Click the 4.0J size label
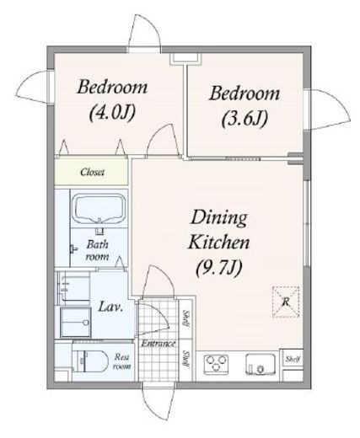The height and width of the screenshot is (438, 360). (112, 112)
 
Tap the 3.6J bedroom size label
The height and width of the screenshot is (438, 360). (244, 119)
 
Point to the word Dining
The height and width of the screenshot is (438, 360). (219, 218)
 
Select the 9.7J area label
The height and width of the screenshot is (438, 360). (219, 268)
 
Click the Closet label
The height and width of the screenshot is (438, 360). (92, 172)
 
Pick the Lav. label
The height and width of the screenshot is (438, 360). (110, 307)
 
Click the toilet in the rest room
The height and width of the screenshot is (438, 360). (90, 361)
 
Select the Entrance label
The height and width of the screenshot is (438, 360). (159, 344)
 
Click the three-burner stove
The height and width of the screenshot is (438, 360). (216, 364)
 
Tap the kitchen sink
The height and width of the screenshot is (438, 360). (261, 364)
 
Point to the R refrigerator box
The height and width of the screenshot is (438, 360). (286, 302)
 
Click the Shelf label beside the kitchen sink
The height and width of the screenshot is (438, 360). (293, 359)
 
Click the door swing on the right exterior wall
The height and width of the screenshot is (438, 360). (330, 110)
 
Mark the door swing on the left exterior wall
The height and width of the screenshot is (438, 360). (33, 86)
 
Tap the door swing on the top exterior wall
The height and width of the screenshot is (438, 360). (144, 32)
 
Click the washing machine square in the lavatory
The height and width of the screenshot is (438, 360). (76, 322)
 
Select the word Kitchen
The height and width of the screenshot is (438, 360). (219, 243)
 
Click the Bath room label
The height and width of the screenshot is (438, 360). (97, 250)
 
